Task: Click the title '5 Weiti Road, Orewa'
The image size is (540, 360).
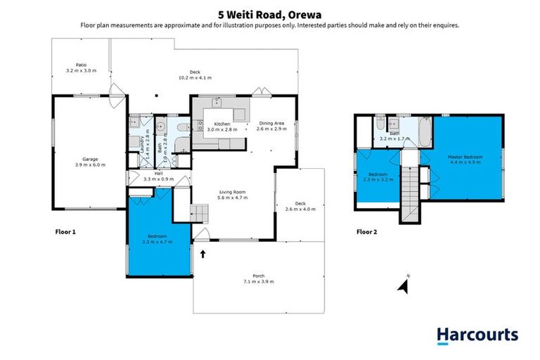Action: (270, 11)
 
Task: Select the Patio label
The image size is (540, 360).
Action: (81, 67)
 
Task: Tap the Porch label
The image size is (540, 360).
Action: (258, 278)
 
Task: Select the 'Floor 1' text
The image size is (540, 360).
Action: (65, 231)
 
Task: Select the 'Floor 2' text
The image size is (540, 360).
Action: (366, 231)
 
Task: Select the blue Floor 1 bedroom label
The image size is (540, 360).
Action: (157, 238)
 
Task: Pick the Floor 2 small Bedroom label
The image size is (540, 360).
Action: (378, 176)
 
